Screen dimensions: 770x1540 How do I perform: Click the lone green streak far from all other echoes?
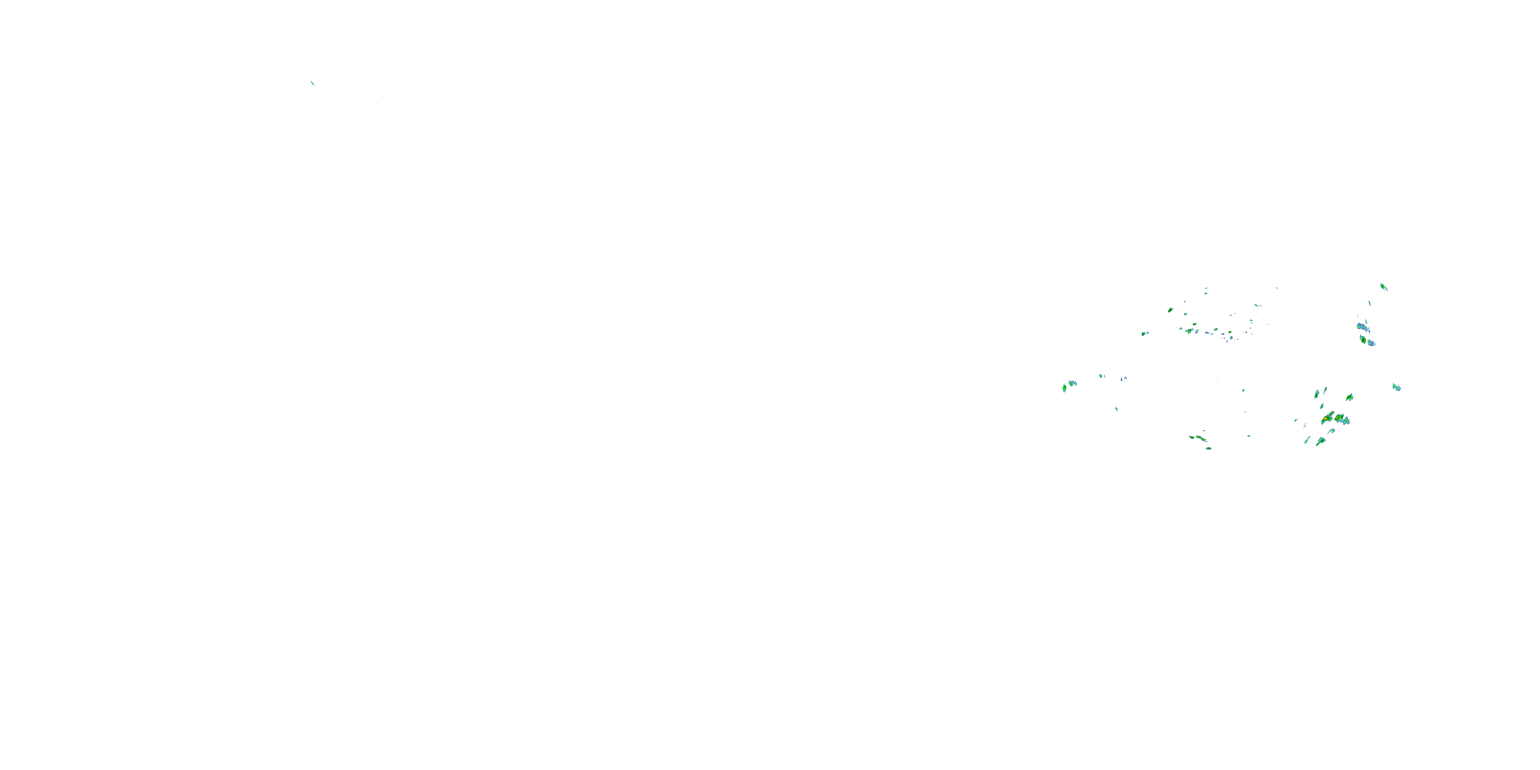[x=312, y=83]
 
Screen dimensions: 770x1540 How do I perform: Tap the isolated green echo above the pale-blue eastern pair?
[x=1383, y=287]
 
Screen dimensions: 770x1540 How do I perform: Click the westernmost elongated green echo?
[x=1064, y=388]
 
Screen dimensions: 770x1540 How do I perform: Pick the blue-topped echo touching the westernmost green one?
[x=1072, y=382]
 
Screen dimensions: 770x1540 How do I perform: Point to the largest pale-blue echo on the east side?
[x=1362, y=327]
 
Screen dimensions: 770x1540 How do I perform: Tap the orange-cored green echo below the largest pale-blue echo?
[x=1363, y=339]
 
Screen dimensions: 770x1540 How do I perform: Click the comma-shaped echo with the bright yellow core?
[x=1328, y=417]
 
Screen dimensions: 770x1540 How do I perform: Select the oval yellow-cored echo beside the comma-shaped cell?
[x=1339, y=418]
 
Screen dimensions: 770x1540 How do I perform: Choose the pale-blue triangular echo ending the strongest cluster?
[x=1346, y=421]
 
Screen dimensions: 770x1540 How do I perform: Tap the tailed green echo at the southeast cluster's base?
[x=1321, y=441]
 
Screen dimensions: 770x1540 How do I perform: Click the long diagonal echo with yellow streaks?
[x=1199, y=438]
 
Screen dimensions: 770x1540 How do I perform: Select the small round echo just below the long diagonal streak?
[x=1208, y=448]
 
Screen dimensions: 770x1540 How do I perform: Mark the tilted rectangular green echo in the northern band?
[x=1170, y=310]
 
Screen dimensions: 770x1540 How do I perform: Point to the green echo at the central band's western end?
[x=1144, y=334]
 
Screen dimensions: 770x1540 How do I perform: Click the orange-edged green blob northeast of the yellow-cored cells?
[x=1349, y=397]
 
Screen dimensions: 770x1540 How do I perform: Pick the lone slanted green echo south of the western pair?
[x=1116, y=409]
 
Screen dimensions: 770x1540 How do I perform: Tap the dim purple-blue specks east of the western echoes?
[x=1124, y=378]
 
